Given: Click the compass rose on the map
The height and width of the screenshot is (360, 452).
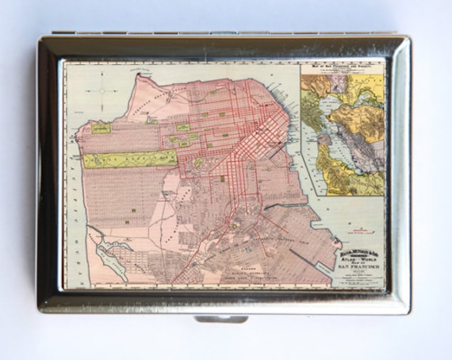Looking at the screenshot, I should click(104, 90).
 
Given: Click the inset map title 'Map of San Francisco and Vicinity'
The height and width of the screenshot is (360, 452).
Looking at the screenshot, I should click(343, 67).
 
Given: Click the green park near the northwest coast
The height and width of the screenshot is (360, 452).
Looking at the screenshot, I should click(101, 128).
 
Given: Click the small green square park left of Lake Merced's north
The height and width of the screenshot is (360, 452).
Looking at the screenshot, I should click(134, 209).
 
